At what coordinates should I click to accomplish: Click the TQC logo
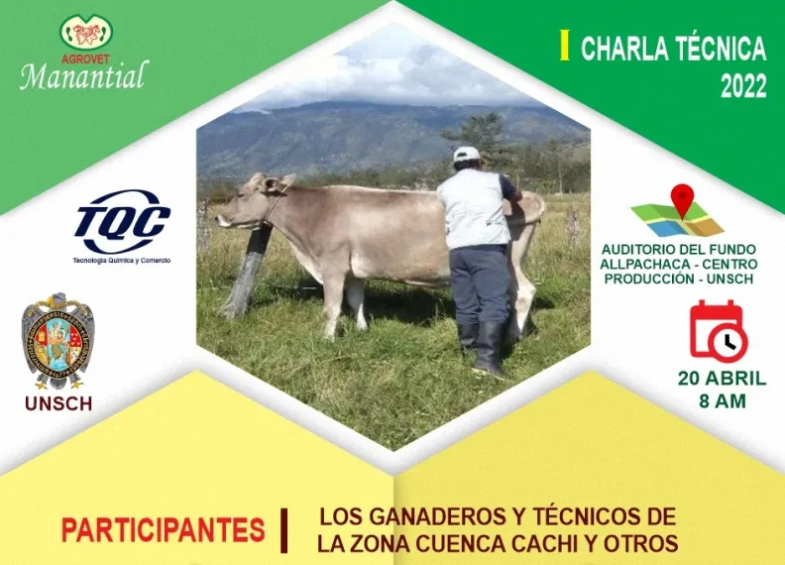pyautogui.click(x=122, y=222)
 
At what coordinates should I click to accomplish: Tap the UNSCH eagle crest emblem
pyautogui.click(x=58, y=341)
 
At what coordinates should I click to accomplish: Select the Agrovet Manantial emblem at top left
pyautogui.click(x=86, y=32)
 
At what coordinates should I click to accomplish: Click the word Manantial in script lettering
pyautogui.click(x=84, y=75)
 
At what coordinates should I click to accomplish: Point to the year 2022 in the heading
pyautogui.click(x=743, y=86)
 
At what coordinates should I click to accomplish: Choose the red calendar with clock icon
pyautogui.click(x=718, y=331)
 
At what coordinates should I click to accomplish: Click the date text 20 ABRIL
pyautogui.click(x=722, y=379)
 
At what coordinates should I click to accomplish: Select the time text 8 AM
pyautogui.click(x=723, y=401)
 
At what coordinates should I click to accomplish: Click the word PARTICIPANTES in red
pyautogui.click(x=164, y=530)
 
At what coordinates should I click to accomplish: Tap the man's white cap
pyautogui.click(x=466, y=154)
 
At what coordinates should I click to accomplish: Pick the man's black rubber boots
pyautogui.click(x=482, y=347)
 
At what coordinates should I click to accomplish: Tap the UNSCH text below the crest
pyautogui.click(x=58, y=403)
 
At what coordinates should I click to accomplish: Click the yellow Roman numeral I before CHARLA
pyautogui.click(x=565, y=45)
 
